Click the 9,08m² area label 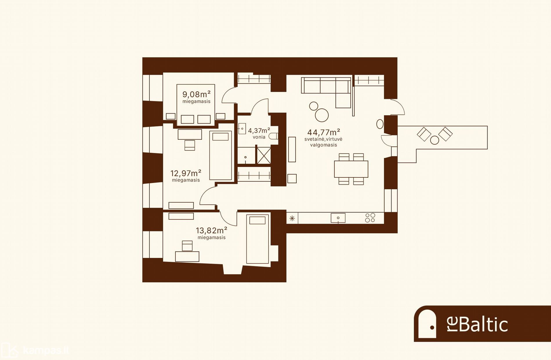(196, 94)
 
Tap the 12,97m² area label (186, 173)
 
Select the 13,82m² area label (211, 230)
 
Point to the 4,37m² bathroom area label (259, 130)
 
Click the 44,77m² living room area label (324, 132)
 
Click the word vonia (259, 137)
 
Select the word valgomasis (324, 145)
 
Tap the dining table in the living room (351, 169)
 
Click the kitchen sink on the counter (338, 218)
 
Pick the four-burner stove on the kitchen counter (370, 218)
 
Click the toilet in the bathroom (273, 136)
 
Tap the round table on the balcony (434, 140)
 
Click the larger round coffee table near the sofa (322, 115)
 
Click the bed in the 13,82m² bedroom (258, 239)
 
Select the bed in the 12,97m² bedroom (220, 155)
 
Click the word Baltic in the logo (483, 325)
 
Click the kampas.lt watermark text (46, 350)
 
